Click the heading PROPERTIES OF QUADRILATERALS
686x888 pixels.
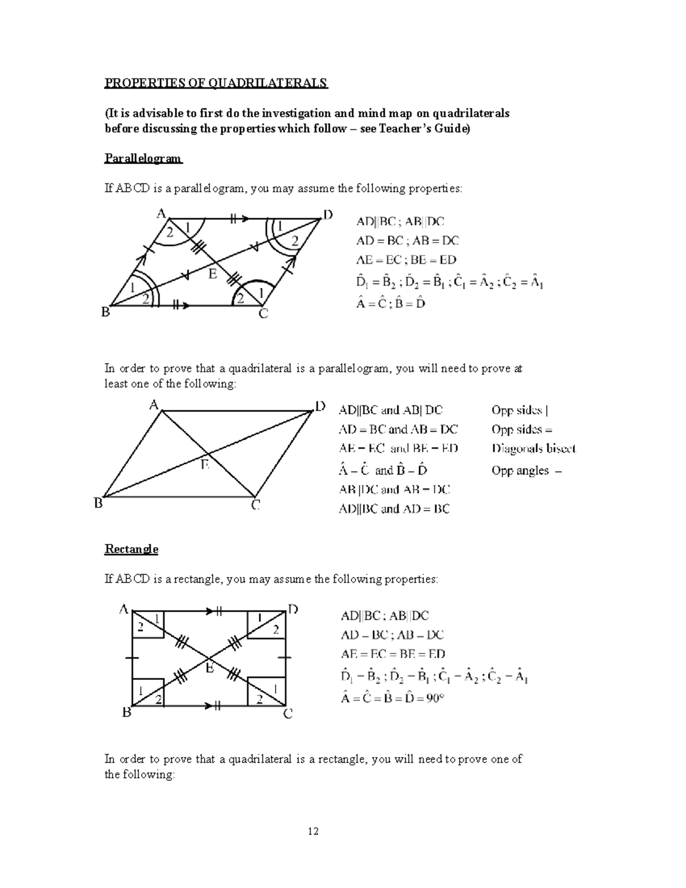(x=216, y=83)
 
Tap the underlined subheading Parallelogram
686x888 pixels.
(x=143, y=158)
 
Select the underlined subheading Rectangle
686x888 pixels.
(x=131, y=549)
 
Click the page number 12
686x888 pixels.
(x=313, y=831)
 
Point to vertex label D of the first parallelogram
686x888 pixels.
(x=328, y=215)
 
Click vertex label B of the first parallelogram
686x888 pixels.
(x=105, y=312)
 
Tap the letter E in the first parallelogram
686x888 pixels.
(x=212, y=274)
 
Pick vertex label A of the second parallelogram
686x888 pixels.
(x=154, y=405)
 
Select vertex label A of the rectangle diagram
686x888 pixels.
(x=123, y=610)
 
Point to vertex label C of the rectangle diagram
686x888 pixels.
(x=288, y=714)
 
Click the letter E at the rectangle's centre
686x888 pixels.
(x=210, y=667)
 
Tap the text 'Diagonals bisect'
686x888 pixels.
(x=533, y=449)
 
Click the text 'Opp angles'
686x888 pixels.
(x=520, y=471)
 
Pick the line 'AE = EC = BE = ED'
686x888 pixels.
(x=393, y=654)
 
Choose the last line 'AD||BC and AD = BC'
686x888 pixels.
(x=394, y=508)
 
